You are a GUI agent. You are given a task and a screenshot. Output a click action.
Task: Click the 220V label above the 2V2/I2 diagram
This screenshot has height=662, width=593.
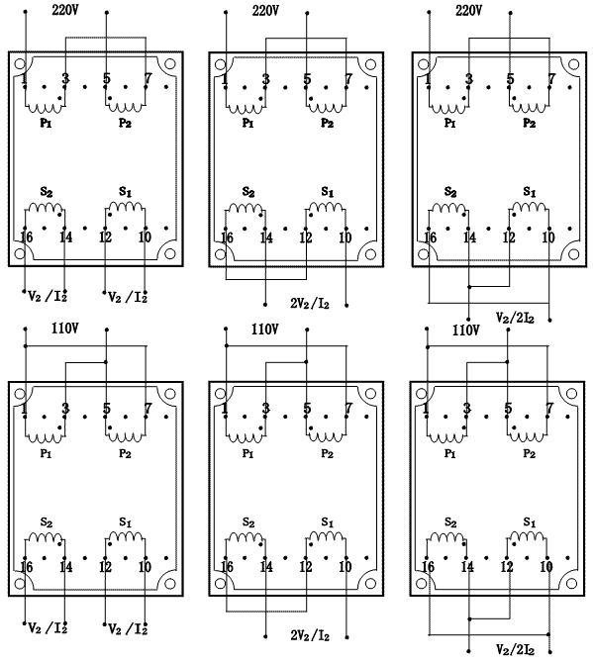pyautogui.click(x=265, y=10)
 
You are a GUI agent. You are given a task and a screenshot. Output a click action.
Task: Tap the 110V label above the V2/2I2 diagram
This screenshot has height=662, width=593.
pyautogui.click(x=466, y=331)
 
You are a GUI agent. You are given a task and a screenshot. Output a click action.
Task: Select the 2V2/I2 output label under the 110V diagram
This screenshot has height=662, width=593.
pyautogui.click(x=310, y=635)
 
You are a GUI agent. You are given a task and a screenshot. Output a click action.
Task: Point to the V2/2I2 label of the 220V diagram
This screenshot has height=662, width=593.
pyautogui.click(x=515, y=318)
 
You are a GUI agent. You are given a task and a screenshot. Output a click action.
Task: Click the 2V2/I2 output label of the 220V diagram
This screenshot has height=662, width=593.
pyautogui.click(x=310, y=303)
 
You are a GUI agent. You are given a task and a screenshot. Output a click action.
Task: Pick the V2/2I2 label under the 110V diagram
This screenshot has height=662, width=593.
pyautogui.click(x=515, y=649)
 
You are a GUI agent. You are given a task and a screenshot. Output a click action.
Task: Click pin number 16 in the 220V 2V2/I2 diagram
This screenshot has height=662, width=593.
pyautogui.click(x=228, y=237)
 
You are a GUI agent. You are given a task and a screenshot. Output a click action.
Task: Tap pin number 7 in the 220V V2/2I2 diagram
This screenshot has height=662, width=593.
pyautogui.click(x=551, y=79)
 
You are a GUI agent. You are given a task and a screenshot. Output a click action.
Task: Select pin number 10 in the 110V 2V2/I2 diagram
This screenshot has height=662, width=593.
pyautogui.click(x=346, y=567)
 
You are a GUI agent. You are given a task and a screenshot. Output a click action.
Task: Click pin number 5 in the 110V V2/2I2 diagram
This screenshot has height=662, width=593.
pyautogui.click(x=508, y=409)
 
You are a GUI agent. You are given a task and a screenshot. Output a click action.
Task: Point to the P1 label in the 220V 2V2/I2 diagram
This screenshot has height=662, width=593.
pyautogui.click(x=247, y=123)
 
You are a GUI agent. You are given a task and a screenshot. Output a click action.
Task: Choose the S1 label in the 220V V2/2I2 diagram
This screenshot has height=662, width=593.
pyautogui.click(x=530, y=192)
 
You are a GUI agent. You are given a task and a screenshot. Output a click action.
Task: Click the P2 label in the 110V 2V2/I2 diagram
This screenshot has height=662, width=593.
pyautogui.click(x=327, y=453)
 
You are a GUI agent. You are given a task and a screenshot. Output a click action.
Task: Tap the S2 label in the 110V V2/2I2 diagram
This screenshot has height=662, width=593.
pyautogui.click(x=450, y=522)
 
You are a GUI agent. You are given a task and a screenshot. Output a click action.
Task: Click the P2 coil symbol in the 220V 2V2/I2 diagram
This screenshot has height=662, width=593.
pyautogui.click(x=326, y=108)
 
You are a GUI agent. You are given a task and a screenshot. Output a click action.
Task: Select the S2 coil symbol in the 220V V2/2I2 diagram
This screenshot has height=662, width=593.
pyautogui.click(x=449, y=208)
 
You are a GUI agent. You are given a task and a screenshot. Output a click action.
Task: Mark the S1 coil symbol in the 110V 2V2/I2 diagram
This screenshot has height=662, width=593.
pyautogui.click(x=326, y=536)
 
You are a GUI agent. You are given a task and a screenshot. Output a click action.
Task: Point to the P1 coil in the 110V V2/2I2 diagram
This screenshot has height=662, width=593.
pyautogui.click(x=446, y=437)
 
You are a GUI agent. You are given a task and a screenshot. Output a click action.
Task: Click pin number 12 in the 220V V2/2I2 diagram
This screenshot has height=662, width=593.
pyautogui.click(x=509, y=237)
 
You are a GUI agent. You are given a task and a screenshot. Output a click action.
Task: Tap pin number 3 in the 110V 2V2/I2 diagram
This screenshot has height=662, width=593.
pyautogui.click(x=265, y=409)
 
